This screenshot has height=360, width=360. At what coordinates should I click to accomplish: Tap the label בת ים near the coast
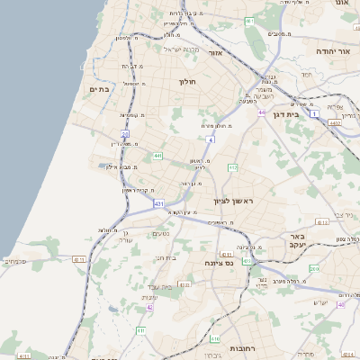point(100,89)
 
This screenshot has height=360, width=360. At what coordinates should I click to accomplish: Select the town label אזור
point(215,53)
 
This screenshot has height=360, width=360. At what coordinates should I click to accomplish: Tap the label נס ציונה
point(219,263)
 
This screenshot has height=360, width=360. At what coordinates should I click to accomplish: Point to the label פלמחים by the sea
point(15,263)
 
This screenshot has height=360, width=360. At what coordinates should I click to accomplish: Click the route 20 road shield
point(126,135)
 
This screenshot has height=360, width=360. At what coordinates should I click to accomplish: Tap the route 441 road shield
point(157,156)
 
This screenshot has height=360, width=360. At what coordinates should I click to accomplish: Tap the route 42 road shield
point(150,307)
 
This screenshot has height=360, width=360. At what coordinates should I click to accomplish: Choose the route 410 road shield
point(215,338)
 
